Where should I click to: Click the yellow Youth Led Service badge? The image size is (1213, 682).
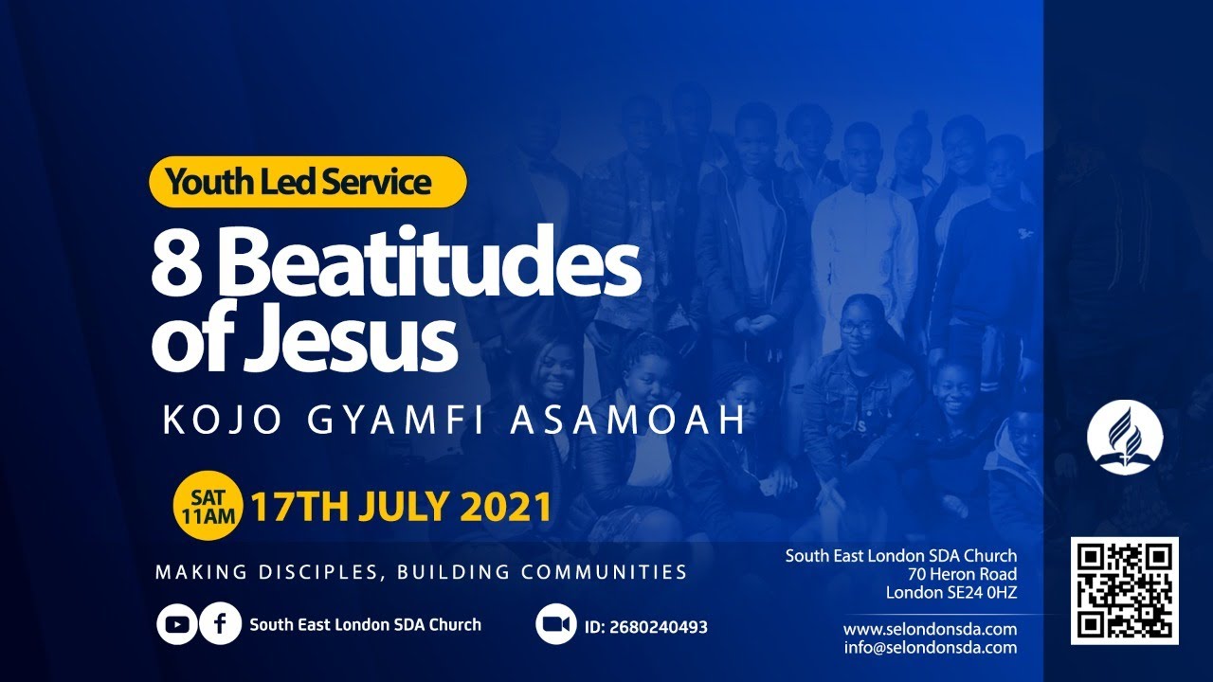(308, 182)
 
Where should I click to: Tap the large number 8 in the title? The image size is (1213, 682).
(173, 264)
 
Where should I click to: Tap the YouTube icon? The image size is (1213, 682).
(177, 624)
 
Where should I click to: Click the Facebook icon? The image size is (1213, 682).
(220, 624)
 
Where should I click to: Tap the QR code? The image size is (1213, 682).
(1125, 591)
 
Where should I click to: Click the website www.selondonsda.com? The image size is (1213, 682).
(930, 629)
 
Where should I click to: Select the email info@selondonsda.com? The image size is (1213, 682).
(930, 648)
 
